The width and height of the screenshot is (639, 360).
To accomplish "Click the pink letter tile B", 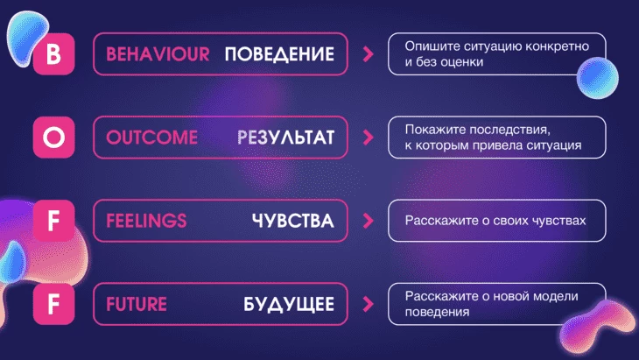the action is tap(53, 53).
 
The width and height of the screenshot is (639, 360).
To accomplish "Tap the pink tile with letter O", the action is tap(53, 137).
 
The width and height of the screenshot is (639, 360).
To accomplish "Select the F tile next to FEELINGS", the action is tap(53, 221).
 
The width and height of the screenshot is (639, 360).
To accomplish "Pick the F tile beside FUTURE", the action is tap(53, 304).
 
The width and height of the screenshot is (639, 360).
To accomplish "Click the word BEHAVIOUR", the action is tap(158, 53).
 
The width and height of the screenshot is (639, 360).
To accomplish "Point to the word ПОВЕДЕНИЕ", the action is tap(279, 53).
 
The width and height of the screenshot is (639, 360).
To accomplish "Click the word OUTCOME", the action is tap(152, 138).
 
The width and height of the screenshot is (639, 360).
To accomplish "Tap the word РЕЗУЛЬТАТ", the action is tap(285, 138).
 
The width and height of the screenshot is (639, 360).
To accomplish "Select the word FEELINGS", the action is tap(146, 221).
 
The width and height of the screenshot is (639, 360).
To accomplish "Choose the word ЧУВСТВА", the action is tap(293, 221).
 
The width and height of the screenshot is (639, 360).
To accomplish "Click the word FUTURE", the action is tap(137, 304).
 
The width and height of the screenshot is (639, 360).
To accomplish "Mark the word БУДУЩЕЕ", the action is tap(289, 305).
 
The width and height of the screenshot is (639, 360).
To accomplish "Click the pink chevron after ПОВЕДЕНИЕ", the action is tap(368, 53).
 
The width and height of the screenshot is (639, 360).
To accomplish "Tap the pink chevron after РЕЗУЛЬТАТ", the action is tap(368, 138).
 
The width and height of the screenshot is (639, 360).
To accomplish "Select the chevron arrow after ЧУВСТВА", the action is tap(368, 221).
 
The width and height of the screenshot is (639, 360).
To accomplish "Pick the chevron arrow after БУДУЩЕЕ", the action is tap(368, 304).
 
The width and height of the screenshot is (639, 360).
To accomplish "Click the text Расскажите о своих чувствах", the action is tap(495, 221).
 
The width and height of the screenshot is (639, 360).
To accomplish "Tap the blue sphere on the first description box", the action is tap(598, 78).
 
